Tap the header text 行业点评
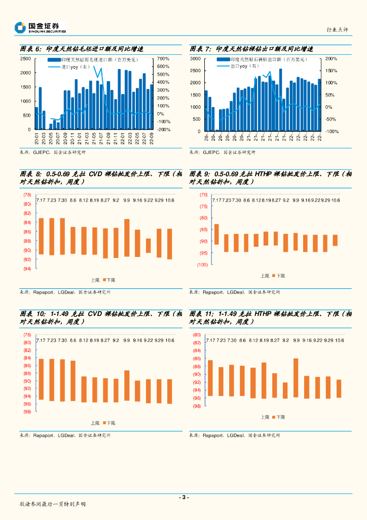click(x=338, y=30)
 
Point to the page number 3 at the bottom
click(x=183, y=497)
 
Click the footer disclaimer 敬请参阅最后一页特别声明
click(x=52, y=504)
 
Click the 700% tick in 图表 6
click(x=163, y=59)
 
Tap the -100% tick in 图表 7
click(x=331, y=132)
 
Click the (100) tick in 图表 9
click(x=202, y=265)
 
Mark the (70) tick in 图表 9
click(x=203, y=195)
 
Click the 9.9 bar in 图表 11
click(x=296, y=377)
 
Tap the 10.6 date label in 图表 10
click(x=169, y=340)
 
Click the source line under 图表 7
click(x=223, y=152)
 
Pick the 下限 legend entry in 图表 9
click(x=278, y=276)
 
